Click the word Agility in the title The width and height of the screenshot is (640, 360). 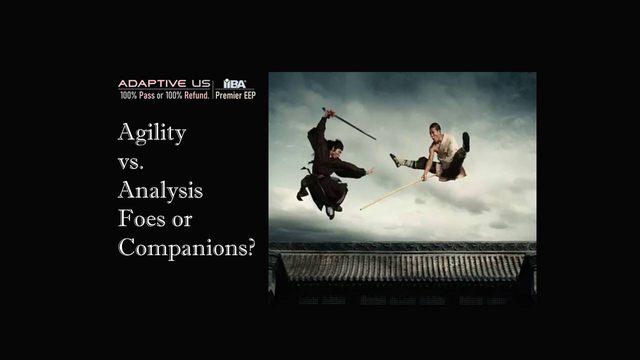152,133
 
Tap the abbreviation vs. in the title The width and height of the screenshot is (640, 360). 130,163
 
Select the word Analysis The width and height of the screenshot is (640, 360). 160,191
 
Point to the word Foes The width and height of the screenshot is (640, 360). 141,218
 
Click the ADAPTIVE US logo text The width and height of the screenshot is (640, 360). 164,83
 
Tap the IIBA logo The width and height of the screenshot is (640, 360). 234,83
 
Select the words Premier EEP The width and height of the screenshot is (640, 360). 235,95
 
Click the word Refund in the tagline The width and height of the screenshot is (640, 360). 197,95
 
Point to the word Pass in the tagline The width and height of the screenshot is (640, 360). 147,95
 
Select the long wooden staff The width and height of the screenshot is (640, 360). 397,192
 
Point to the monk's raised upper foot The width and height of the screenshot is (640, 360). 466,141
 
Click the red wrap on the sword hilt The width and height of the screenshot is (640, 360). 330,114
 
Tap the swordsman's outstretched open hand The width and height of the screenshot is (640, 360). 369,171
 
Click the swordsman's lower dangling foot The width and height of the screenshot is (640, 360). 330,212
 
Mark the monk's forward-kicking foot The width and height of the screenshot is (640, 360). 395,160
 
